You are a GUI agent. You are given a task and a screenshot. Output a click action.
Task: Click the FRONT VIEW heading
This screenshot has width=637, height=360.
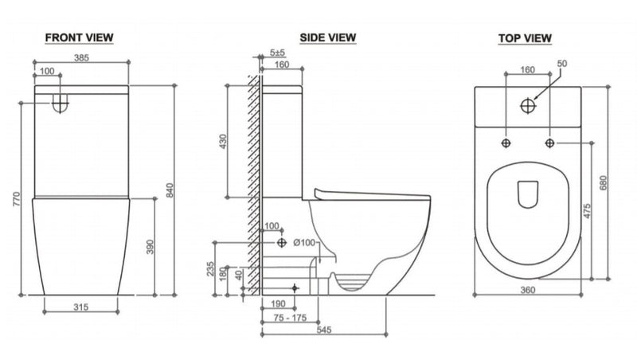79,37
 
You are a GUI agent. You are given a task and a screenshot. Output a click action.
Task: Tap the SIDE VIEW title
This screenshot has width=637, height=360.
328,37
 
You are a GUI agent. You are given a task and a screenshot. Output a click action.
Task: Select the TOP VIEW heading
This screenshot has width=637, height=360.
525,38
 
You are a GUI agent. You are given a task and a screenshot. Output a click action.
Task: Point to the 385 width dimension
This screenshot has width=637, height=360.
81,57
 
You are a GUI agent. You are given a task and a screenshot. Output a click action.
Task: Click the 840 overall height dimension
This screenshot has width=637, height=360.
170,190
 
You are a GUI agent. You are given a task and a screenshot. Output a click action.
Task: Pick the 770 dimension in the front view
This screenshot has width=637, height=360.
16,199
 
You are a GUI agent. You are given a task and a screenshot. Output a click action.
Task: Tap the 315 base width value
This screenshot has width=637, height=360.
81,307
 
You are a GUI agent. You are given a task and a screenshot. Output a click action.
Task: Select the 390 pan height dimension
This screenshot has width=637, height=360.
150,247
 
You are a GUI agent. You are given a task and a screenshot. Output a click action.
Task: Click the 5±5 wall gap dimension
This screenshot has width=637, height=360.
277,53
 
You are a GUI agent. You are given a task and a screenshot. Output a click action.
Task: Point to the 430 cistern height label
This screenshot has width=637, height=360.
223,142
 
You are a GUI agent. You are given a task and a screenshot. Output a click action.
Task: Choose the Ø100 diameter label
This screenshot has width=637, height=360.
304,243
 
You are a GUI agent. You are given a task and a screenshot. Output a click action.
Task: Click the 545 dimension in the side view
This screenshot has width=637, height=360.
324,330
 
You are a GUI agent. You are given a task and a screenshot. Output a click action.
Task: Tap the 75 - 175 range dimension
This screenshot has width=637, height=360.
290,318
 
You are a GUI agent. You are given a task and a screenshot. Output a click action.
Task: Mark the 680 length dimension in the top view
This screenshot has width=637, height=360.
603,183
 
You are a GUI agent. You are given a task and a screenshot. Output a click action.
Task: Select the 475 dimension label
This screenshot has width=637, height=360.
587,211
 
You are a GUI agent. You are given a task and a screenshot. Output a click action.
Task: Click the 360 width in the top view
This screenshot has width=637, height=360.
528,290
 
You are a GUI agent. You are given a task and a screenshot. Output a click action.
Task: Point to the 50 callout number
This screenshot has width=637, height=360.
562,64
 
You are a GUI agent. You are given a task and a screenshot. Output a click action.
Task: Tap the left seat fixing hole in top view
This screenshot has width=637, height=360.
506,143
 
